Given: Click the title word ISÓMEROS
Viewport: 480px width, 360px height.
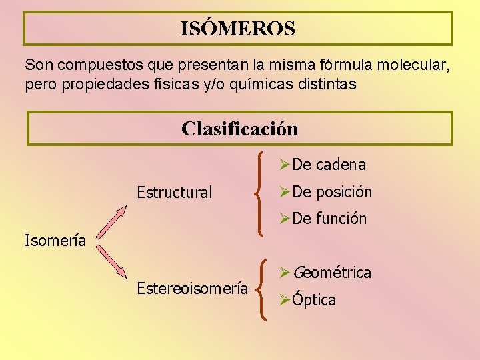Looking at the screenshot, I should (x=237, y=29).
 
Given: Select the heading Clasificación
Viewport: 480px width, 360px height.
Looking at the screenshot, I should (x=239, y=128).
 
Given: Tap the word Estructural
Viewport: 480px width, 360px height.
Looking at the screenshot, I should (x=174, y=193).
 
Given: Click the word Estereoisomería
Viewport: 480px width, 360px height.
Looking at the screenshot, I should (x=192, y=288).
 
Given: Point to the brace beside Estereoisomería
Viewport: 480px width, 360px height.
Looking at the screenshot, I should (x=264, y=289).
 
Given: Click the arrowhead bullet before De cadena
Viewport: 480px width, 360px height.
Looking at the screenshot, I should (x=285, y=165).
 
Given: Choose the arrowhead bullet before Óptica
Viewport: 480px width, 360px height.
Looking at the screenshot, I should (x=285, y=299).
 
